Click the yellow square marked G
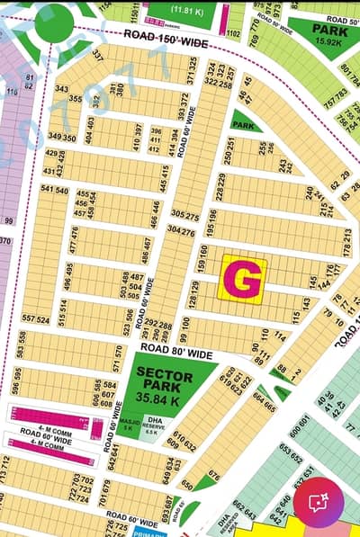243,279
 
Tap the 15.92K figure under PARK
330,41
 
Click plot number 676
213,474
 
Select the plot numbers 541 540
54,191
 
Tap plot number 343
61,89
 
